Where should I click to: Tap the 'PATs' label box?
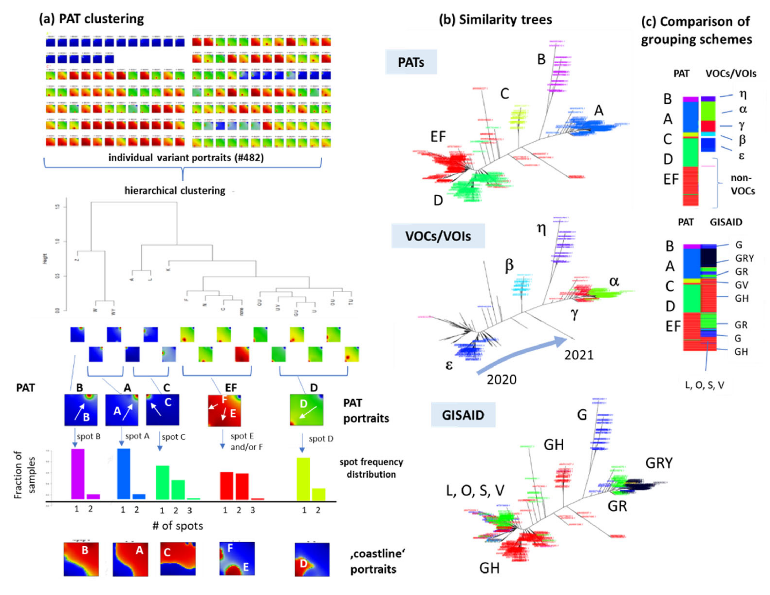[x=411, y=62]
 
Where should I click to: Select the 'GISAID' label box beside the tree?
[x=463, y=415]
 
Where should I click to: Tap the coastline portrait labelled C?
[x=178, y=559]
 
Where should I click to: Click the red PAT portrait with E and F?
[x=225, y=410]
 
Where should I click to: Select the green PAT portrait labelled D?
[x=306, y=410]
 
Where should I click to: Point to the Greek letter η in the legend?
[x=743, y=94]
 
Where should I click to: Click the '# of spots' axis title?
[x=178, y=526]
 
